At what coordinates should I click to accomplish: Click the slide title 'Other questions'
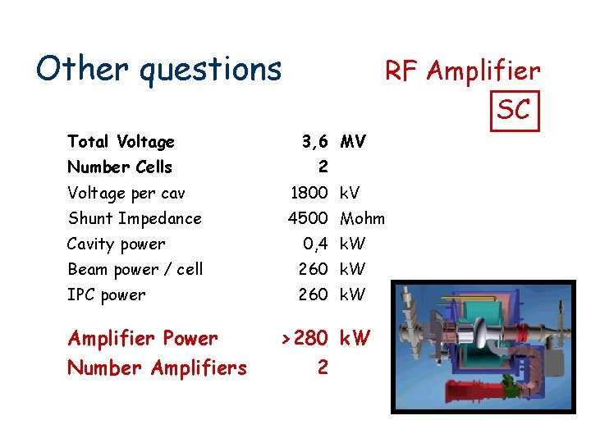[x=158, y=70]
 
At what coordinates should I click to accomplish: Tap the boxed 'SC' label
[x=514, y=109]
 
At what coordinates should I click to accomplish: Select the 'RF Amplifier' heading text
[x=462, y=71]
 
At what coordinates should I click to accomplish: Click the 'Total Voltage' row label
[x=121, y=142]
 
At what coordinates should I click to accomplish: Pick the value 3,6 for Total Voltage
[x=314, y=142]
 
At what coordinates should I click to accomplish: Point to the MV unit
[x=353, y=142]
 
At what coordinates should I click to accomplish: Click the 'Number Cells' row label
[x=120, y=167]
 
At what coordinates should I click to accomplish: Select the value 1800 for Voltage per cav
[x=309, y=194]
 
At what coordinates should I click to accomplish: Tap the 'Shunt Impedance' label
[x=134, y=218]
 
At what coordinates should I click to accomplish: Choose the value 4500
[x=308, y=218]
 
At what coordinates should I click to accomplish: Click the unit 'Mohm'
[x=362, y=218]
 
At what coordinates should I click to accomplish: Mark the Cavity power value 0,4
[x=315, y=244]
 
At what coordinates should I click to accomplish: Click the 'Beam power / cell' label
[x=135, y=269]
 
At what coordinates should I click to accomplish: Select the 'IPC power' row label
[x=106, y=295]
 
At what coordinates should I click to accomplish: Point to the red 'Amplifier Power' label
[x=143, y=338]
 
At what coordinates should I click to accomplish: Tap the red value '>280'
[x=305, y=338]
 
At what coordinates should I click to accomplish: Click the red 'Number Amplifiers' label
[x=157, y=368]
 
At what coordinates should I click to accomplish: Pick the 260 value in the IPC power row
[x=313, y=295]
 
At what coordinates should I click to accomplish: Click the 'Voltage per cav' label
[x=126, y=194]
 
